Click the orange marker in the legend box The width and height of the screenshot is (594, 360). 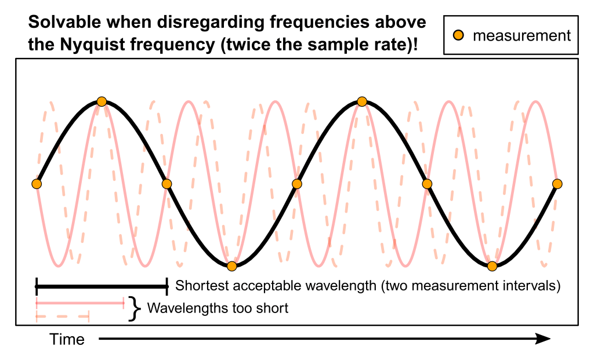[458, 36]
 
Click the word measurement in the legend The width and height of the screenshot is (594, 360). [521, 36]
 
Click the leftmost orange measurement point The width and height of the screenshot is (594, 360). [37, 184]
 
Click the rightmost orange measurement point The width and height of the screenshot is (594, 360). [557, 184]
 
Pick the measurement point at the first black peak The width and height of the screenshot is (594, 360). [102, 101]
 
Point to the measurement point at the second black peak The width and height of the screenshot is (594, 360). [362, 101]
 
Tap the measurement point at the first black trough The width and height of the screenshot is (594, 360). [232, 266]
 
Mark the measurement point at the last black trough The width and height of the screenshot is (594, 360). [492, 266]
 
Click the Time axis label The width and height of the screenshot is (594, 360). [67, 339]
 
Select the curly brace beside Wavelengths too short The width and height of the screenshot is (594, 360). [135, 308]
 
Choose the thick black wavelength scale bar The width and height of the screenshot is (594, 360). [102, 285]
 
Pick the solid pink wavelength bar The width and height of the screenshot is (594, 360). [80, 303]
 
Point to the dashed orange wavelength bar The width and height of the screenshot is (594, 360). [62, 317]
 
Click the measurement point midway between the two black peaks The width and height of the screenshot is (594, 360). [297, 184]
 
